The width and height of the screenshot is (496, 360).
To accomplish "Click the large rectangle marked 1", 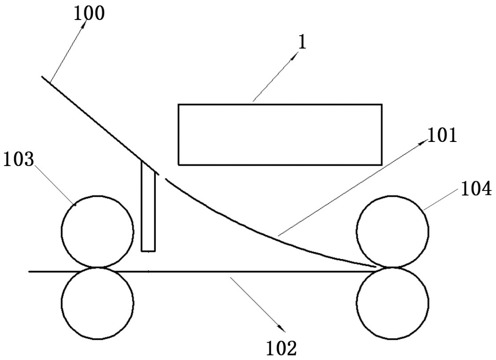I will point(280,134).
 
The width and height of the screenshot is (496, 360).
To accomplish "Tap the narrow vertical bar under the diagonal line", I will point(148,207).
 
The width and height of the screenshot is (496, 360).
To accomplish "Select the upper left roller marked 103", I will point(98,231).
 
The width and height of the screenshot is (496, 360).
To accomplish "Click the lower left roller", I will point(98,303).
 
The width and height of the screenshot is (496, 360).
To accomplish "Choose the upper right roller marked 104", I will point(393,231).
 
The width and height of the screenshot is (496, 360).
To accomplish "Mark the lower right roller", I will point(393,303).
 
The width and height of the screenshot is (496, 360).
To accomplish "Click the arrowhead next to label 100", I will point(83,27).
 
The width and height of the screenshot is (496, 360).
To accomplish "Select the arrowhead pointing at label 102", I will point(281,329).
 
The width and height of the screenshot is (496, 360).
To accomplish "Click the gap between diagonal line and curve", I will point(163,176).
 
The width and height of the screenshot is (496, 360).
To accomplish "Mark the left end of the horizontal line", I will point(30,271).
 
